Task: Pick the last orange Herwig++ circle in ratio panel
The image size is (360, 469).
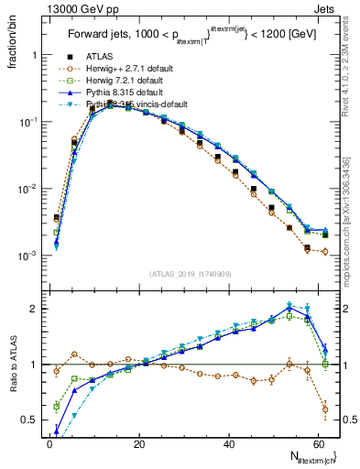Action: [x=325, y=409]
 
